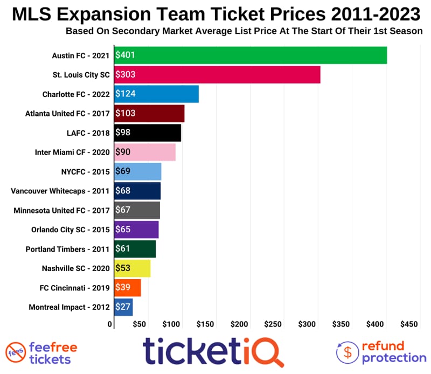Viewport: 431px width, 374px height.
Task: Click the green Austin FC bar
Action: (x=251, y=56)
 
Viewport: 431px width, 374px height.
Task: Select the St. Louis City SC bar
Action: (x=218, y=75)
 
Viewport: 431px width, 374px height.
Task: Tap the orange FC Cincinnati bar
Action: (x=128, y=288)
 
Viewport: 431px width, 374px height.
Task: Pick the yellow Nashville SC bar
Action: (x=133, y=268)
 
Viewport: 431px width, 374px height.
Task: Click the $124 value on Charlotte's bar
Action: (x=125, y=94)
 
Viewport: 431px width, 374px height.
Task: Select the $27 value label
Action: (x=123, y=307)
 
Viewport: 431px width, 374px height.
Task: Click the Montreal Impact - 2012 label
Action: (x=69, y=307)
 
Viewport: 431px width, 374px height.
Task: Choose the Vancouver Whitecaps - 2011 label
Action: (x=60, y=191)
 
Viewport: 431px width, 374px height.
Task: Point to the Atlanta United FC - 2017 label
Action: (x=67, y=114)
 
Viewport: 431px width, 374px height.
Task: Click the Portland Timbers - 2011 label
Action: (x=68, y=249)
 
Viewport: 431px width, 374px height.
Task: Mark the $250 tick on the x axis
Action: (x=273, y=324)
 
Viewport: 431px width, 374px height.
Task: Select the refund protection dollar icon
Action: (x=348, y=352)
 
